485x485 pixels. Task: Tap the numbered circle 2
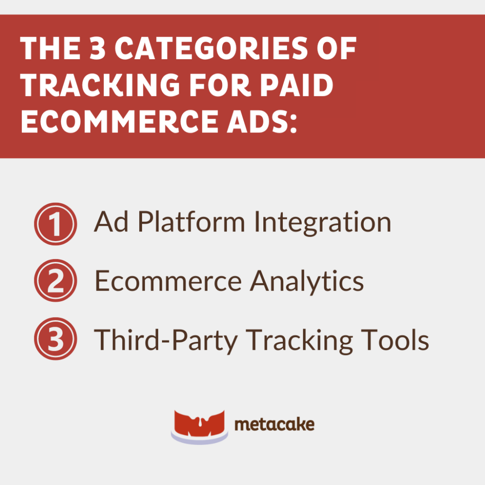[55, 281]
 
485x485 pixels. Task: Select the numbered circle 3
[55, 339]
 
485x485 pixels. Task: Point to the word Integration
[323, 223]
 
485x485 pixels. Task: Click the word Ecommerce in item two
[167, 281]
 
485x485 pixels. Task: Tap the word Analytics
[307, 281]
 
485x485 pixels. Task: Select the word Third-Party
[166, 339]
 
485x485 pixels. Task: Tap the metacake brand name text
[275, 424]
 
